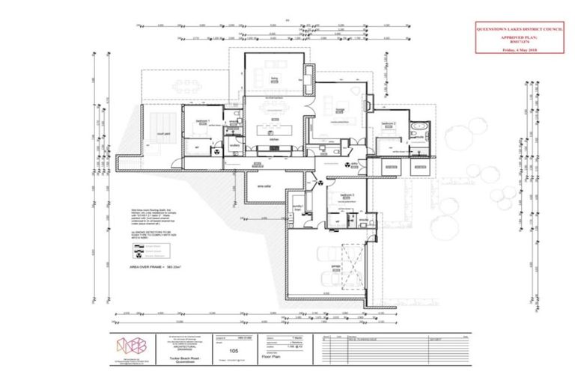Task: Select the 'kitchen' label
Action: (273, 141)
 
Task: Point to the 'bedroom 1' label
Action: (202, 120)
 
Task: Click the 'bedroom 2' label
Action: (388, 123)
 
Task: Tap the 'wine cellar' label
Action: (263, 186)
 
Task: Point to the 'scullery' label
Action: (234, 147)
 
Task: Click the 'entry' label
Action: (356, 162)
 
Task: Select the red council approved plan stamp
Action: (520, 38)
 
